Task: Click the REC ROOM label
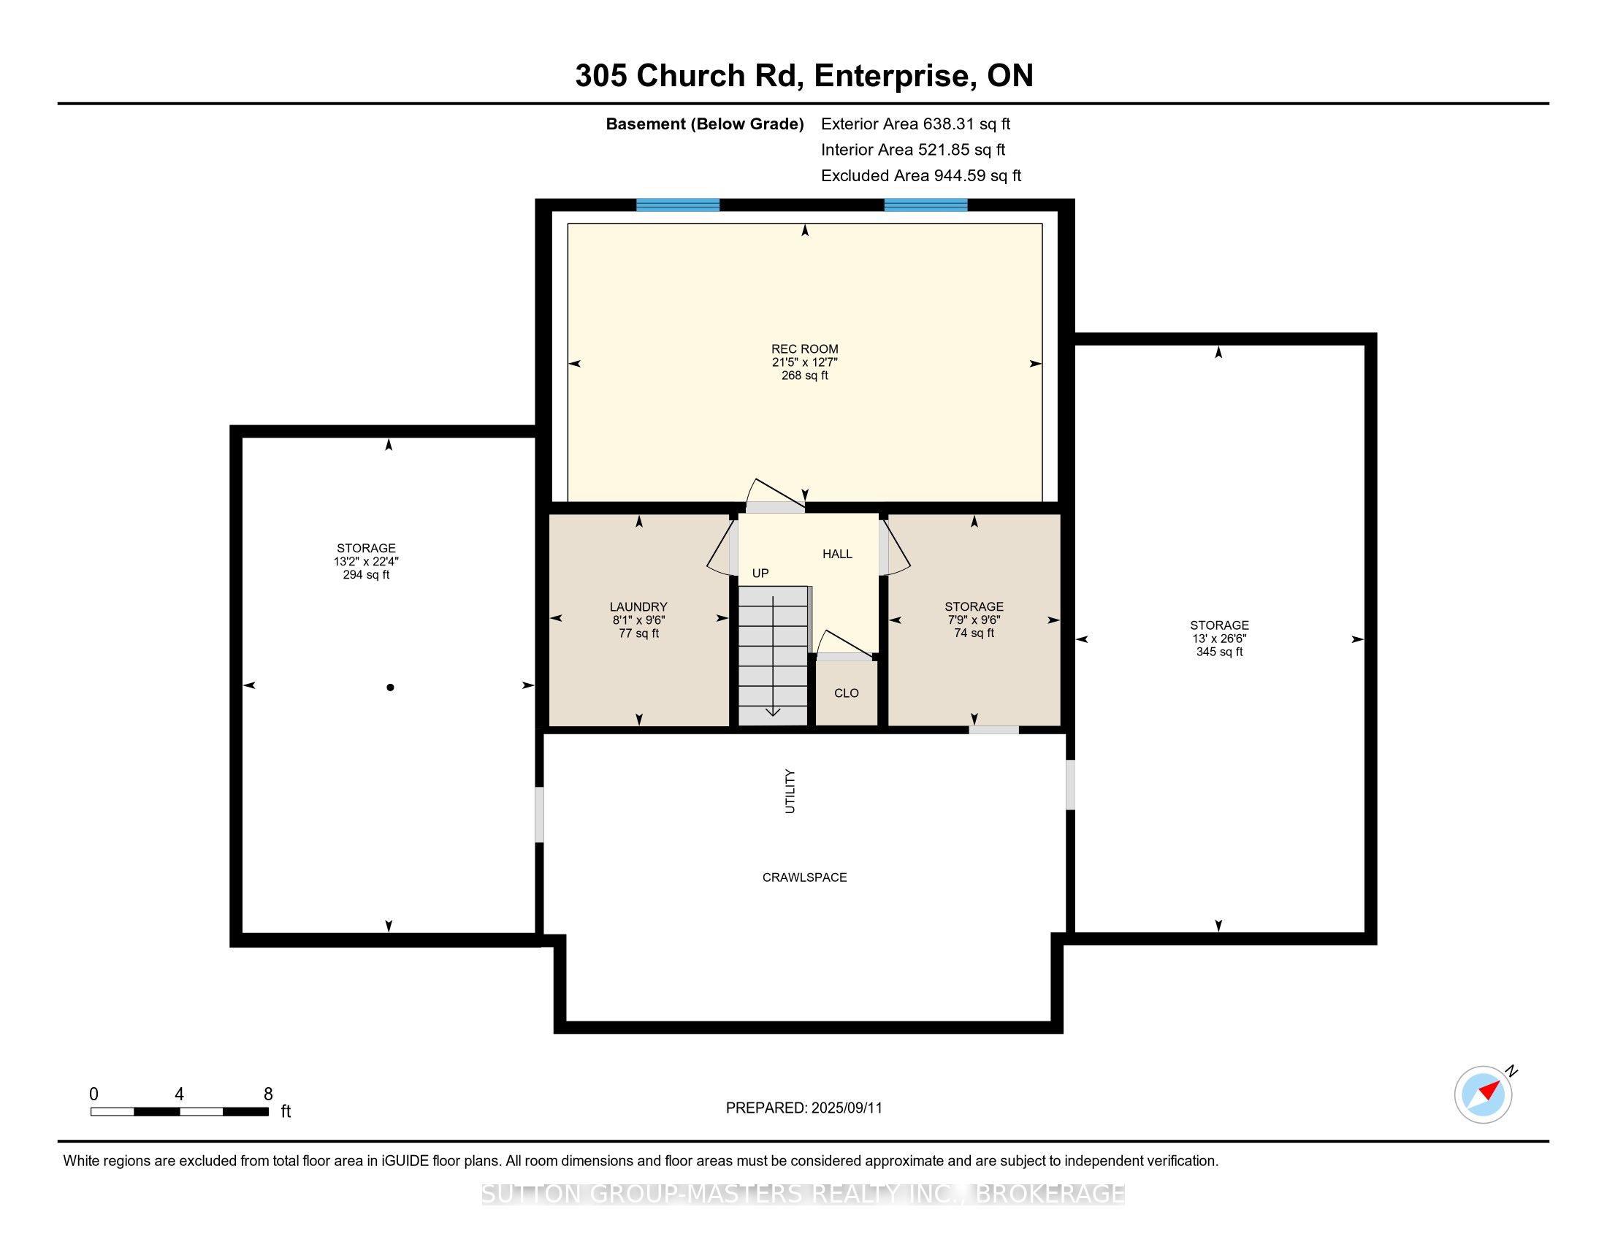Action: [x=804, y=348]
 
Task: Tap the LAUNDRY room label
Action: [x=638, y=607]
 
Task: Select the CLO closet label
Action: [x=846, y=693]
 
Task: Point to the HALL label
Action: [x=837, y=554]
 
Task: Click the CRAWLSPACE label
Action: [x=804, y=877]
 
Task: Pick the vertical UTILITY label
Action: [x=790, y=791]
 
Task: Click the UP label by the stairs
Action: [x=760, y=574]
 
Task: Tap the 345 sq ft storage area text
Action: [x=1219, y=652]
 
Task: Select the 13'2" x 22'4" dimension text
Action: [x=366, y=561]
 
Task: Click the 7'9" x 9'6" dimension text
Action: [x=974, y=620]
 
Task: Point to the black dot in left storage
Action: [x=390, y=687]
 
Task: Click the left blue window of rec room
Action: [x=678, y=205]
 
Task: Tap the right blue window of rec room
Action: [x=925, y=205]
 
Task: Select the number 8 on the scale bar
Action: [x=268, y=1094]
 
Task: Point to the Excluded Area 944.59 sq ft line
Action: [x=921, y=176]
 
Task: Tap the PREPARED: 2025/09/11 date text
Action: [x=803, y=1108]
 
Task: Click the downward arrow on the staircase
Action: [x=773, y=656]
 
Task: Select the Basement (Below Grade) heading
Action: [x=704, y=124]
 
